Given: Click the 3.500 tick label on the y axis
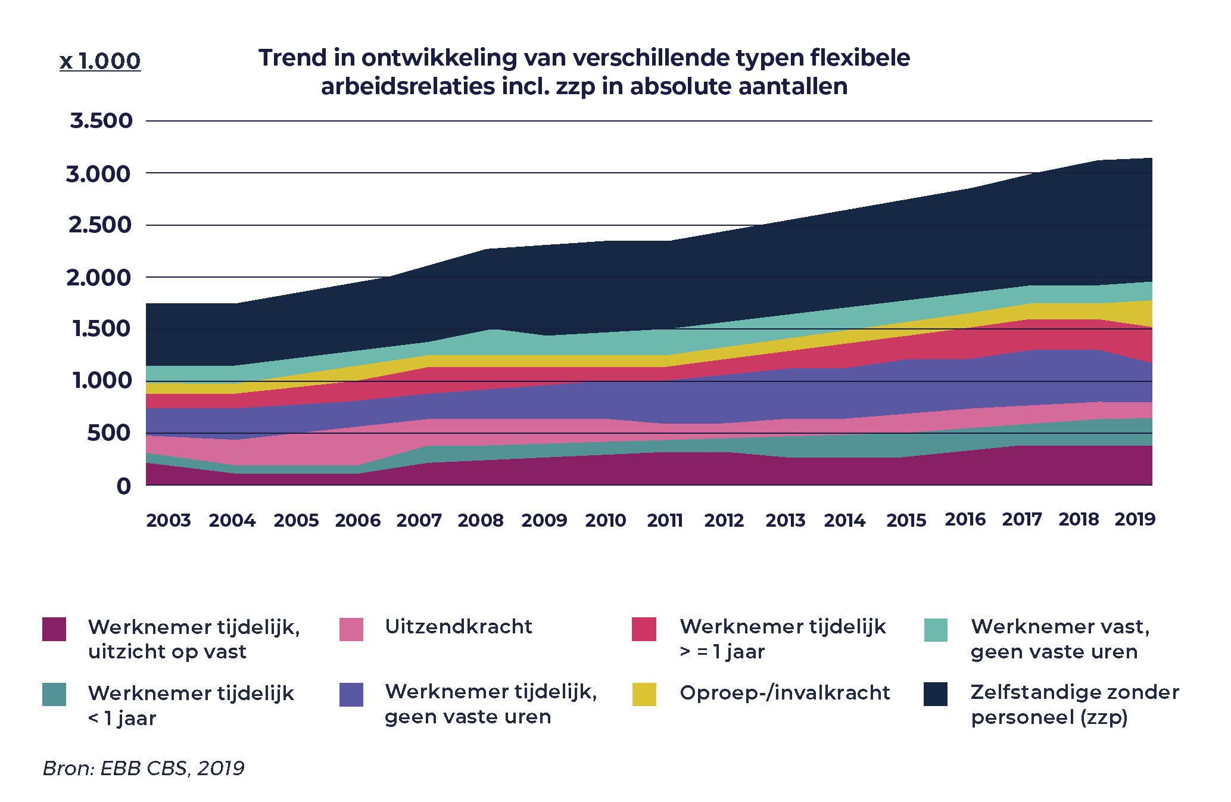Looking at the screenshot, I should (x=101, y=121).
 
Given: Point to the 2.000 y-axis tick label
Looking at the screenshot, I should (x=98, y=278).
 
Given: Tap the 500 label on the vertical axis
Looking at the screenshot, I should (x=108, y=433).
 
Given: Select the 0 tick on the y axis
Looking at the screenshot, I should (x=123, y=486).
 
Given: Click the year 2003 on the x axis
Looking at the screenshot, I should (x=169, y=521).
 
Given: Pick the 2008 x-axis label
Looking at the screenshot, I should (x=481, y=521).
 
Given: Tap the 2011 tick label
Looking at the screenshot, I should (x=665, y=521).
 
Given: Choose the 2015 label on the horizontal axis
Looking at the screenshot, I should (x=906, y=521).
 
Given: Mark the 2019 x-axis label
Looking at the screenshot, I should (x=1135, y=520).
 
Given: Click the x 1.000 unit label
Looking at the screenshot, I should (x=100, y=61).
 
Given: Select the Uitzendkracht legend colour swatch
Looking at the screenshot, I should (x=351, y=629).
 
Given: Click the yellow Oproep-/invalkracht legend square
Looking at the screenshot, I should (x=644, y=694).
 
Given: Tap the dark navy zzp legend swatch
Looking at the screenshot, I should (x=936, y=694).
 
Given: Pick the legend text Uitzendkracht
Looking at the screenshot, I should (x=459, y=627).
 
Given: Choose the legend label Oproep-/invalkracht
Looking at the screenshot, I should (x=785, y=693).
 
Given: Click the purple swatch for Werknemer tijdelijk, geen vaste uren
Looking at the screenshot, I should (x=351, y=695).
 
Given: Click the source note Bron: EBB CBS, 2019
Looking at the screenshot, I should (x=144, y=769).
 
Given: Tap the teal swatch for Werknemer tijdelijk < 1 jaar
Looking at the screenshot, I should (x=54, y=695).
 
